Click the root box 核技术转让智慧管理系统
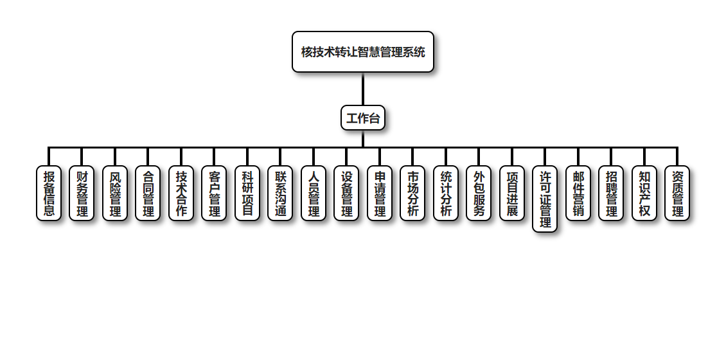(x=363, y=52)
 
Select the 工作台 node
(x=363, y=118)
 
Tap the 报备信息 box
(x=49, y=194)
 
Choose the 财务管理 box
(x=82, y=194)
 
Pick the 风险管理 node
(x=115, y=194)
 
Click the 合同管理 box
(x=148, y=194)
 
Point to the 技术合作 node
(x=181, y=194)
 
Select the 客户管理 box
(x=214, y=194)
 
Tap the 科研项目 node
(x=247, y=194)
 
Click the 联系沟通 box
(x=280, y=194)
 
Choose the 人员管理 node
(x=314, y=194)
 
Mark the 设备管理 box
(x=346, y=194)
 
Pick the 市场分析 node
(x=412, y=194)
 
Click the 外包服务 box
(x=479, y=194)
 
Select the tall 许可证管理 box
(x=545, y=199)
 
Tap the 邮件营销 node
(x=578, y=194)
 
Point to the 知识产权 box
(x=644, y=194)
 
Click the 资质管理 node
(x=677, y=194)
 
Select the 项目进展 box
(x=512, y=194)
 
